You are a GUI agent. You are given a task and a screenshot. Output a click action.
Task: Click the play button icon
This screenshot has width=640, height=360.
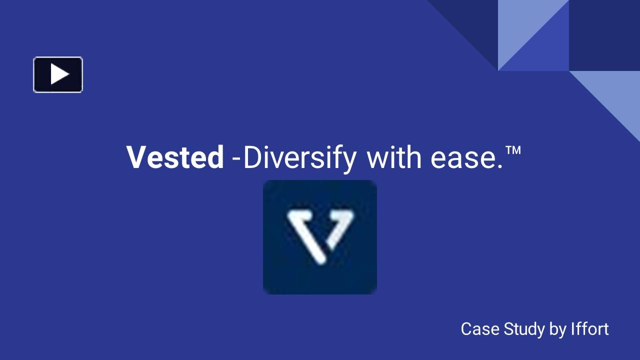[58, 75]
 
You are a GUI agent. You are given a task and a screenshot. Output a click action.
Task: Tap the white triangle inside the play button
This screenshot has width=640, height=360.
[59, 74]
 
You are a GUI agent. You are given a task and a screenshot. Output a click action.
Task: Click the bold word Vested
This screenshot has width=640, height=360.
[175, 157]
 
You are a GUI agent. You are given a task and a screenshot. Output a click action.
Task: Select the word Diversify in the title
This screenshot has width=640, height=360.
[299, 158]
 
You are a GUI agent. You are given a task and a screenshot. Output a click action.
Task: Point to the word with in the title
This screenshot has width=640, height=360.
[394, 157]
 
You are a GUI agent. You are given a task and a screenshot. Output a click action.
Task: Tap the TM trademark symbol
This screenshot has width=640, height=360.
[513, 150]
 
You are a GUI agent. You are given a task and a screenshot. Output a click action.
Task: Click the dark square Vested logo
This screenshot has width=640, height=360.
[320, 237]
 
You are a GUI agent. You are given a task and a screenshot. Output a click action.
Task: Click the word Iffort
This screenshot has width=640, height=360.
[589, 329]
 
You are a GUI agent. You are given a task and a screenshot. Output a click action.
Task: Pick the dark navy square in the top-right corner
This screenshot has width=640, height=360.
[604, 35]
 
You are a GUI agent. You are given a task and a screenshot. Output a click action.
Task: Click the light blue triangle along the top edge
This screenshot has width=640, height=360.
[520, 22]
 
